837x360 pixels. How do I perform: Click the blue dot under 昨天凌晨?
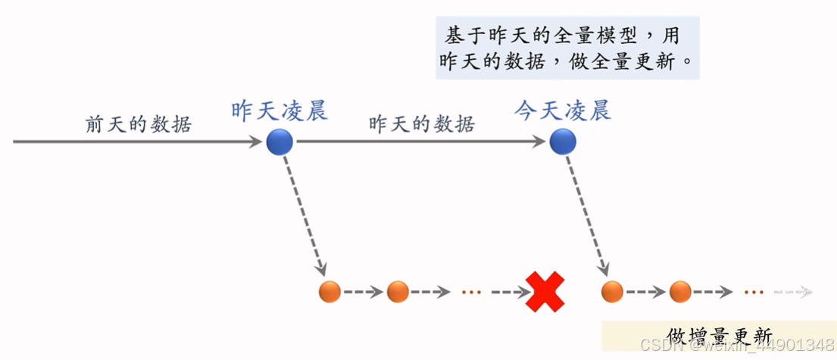coord(280,142)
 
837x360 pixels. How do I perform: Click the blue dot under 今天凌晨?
coord(562,142)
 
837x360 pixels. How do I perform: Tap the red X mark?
coord(546,291)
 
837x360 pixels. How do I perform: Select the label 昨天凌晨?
coord(280,111)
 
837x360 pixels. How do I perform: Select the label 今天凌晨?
coord(563,111)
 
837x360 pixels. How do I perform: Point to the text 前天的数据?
coord(138,124)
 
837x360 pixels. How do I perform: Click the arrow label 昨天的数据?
coord(422,124)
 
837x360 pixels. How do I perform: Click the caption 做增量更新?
coord(720,336)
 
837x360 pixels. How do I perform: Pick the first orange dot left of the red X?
coord(330,291)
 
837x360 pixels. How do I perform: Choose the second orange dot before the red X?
coord(398,291)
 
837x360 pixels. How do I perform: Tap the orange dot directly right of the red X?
coord(612,291)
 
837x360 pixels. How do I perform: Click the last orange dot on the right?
coord(679,291)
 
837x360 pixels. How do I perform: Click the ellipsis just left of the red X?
coord(470,292)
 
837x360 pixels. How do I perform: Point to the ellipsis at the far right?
coord(753,292)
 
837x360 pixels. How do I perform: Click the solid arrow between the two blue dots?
coord(421,142)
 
